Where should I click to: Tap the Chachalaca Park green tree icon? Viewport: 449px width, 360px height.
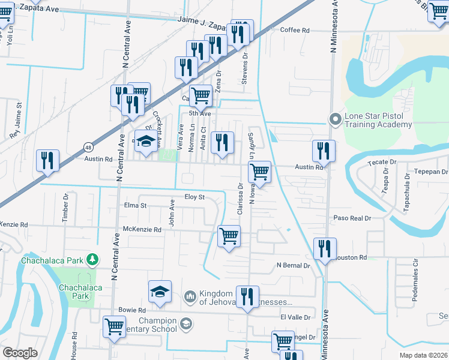point(92,260)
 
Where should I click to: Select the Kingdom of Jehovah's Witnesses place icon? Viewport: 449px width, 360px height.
point(190,296)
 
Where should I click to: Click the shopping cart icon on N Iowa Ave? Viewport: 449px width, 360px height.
point(259,172)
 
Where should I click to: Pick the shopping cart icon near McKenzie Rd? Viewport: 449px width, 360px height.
point(229,236)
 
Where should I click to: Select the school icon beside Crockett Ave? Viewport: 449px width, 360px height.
point(145,141)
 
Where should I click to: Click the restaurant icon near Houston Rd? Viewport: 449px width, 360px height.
point(324,249)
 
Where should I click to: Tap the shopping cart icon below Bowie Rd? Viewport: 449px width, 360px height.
point(113,327)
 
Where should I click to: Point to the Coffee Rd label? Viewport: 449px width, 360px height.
point(294,30)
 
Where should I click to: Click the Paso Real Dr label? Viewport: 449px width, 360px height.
point(353,218)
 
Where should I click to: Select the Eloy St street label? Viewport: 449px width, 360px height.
point(194,197)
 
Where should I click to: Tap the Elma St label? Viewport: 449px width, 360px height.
point(134,206)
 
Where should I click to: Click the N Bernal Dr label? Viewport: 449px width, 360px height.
point(293,265)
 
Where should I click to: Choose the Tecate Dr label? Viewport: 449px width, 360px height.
point(386,163)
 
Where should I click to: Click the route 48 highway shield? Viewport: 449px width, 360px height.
point(88,147)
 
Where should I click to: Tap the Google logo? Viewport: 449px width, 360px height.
point(20,353)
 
